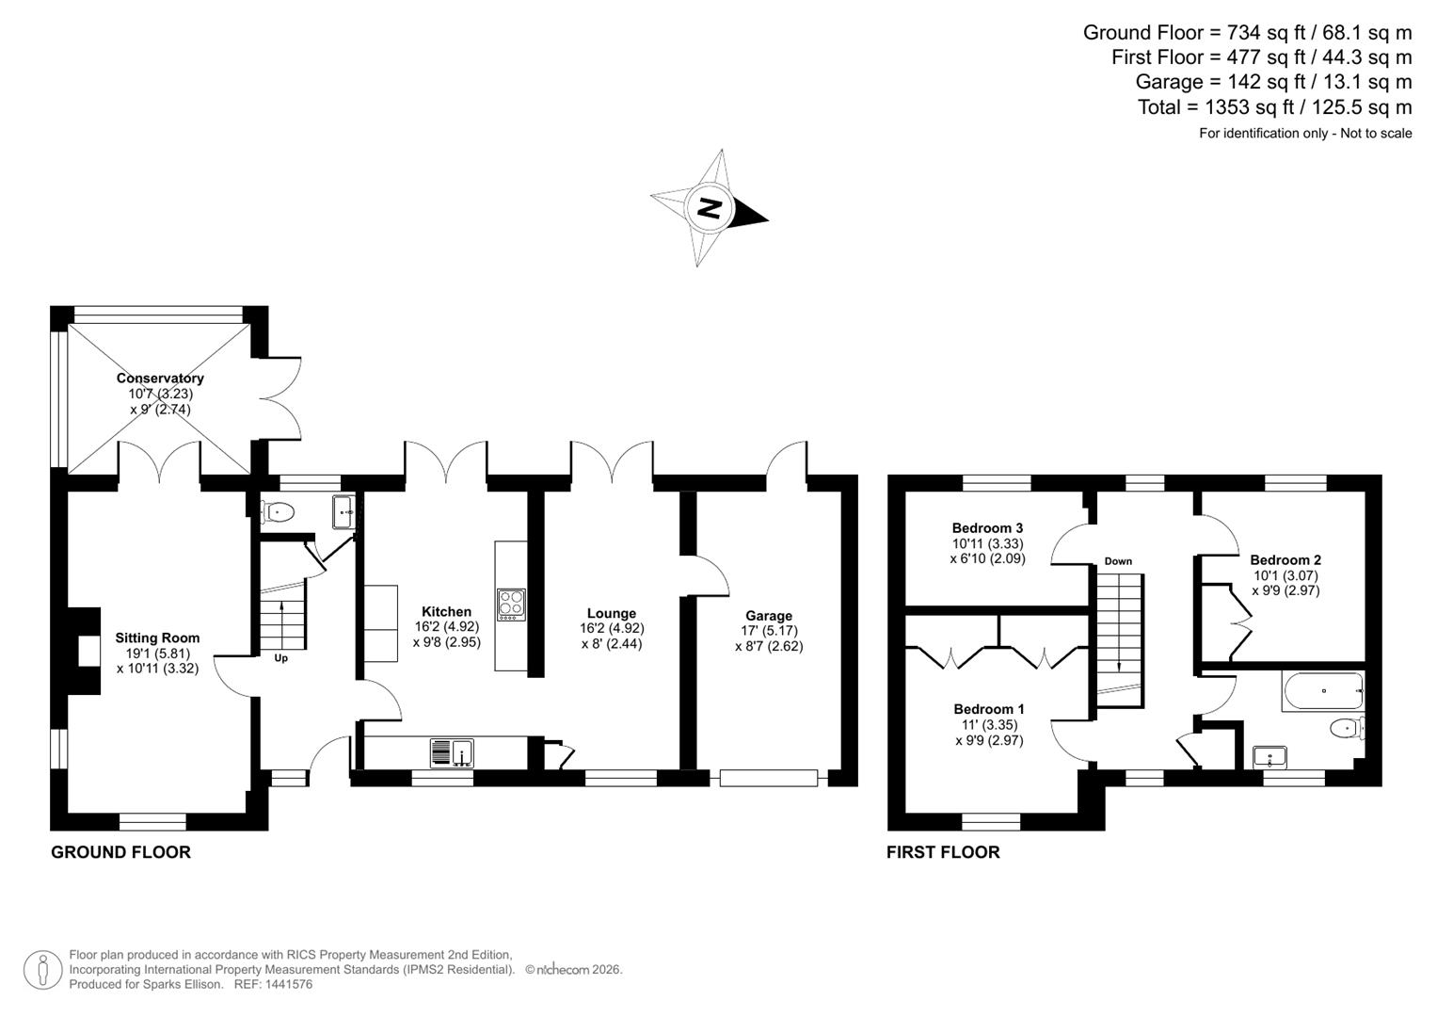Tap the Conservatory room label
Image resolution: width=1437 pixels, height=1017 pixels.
[160, 379]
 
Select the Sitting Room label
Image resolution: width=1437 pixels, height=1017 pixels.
[157, 638]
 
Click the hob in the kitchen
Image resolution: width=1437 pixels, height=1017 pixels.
[512, 603]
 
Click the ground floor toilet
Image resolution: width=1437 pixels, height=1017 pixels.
[279, 512]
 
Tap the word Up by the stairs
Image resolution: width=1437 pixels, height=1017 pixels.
[280, 658]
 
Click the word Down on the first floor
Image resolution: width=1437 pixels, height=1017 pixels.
[1118, 561]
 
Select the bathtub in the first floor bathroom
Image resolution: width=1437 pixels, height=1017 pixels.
[1322, 691]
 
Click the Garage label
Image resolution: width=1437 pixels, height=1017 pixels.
[769, 616]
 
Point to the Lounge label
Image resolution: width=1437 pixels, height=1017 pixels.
[612, 613]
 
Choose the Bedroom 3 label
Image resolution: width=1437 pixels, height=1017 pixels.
[987, 528]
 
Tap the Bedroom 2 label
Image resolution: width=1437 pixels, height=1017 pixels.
[1285, 559]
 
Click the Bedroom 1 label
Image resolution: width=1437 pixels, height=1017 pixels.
[989, 709]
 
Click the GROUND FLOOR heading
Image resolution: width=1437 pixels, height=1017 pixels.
[120, 852]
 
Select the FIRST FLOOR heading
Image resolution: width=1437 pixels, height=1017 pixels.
[943, 852]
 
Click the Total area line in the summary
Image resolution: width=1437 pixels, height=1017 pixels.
[1274, 107]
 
